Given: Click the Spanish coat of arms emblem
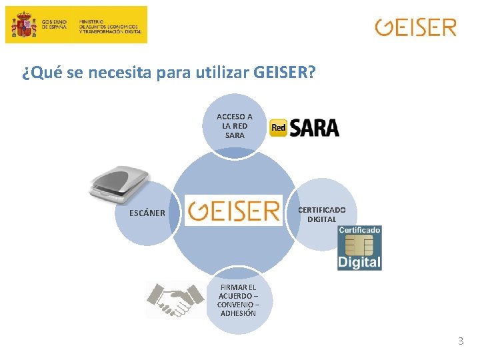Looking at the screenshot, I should [x=25, y=25].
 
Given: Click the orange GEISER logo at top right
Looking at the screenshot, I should [x=415, y=27].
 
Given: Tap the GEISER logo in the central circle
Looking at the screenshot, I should [x=234, y=211].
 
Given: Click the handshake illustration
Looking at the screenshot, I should [x=175, y=299].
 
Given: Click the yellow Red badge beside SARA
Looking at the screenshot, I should [x=279, y=128].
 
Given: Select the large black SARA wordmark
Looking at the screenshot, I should [x=313, y=128].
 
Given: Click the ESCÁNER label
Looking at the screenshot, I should [x=147, y=213].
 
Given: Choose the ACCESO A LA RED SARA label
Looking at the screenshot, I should [x=235, y=125].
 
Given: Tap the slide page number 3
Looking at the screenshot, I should [x=460, y=341].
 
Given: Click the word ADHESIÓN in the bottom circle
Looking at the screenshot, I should [x=238, y=313].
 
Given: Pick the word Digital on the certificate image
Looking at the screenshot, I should [x=359, y=261].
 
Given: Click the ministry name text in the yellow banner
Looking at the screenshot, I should [x=110, y=26].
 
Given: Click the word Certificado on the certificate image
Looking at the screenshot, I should [x=360, y=230].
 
